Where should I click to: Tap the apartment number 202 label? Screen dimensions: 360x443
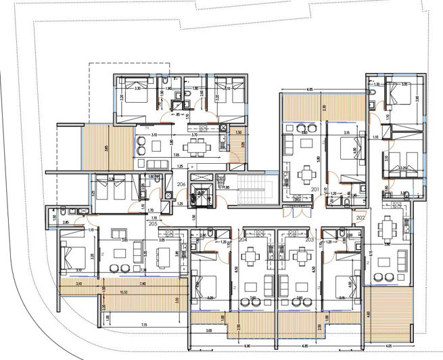(x=360, y=218)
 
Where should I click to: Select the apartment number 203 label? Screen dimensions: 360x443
(x=309, y=240)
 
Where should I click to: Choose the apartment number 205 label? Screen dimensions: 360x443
(x=153, y=223)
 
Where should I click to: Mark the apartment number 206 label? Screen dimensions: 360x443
(x=181, y=183)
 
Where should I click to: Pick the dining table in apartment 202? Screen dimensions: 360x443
(x=387, y=227)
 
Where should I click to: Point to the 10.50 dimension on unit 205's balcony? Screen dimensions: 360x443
(x=124, y=291)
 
